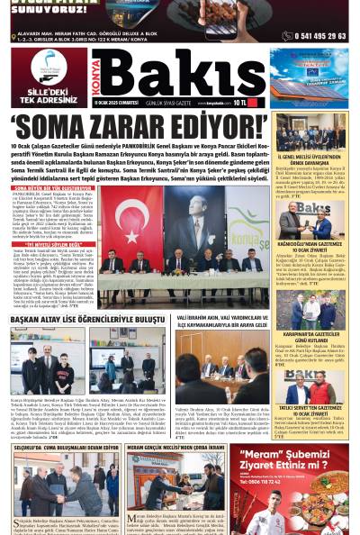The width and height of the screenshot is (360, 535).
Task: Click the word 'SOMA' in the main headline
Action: (54, 125)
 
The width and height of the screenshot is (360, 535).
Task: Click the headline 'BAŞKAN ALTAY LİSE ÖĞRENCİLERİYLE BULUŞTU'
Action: (87, 320)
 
